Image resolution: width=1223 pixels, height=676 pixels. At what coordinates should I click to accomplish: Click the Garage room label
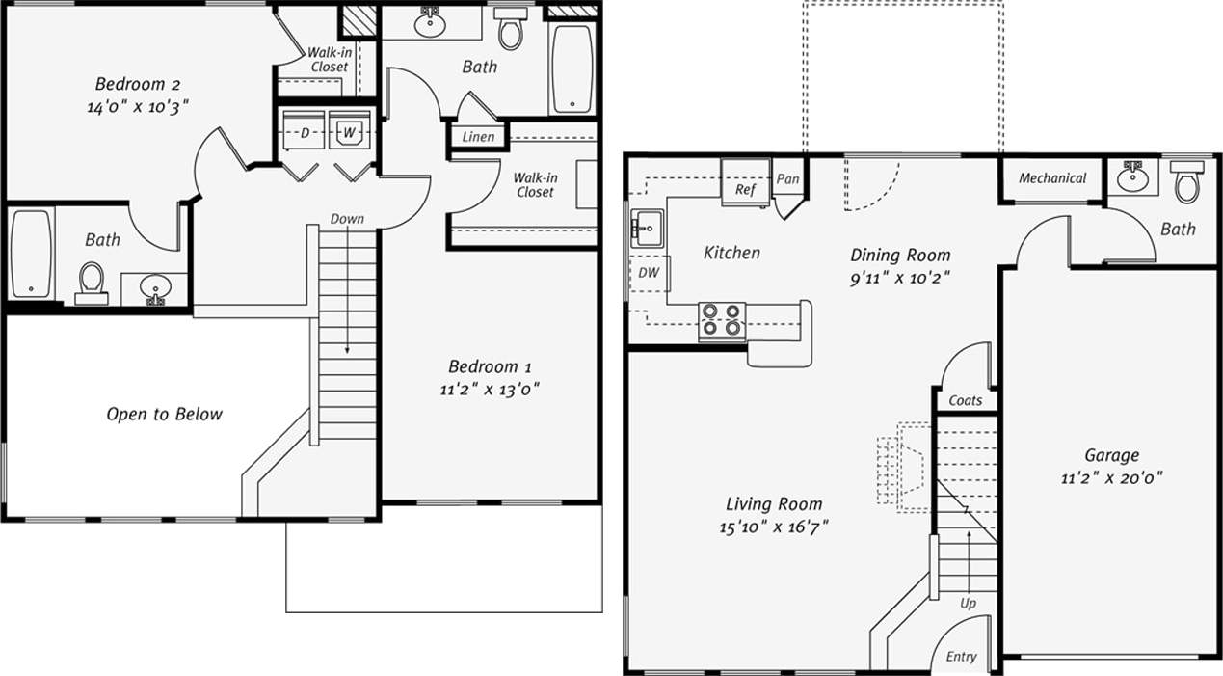[1111, 455]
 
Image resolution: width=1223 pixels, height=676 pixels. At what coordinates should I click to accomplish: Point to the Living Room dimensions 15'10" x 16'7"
[774, 527]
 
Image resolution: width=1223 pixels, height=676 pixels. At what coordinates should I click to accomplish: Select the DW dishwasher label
[649, 273]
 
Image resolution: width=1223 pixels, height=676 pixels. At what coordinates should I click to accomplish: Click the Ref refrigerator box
[745, 189]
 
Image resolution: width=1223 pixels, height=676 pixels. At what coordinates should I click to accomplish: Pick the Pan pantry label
[787, 179]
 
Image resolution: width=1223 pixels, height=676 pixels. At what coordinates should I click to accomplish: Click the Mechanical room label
[1052, 178]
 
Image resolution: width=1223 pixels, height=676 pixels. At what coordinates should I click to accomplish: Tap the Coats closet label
[965, 400]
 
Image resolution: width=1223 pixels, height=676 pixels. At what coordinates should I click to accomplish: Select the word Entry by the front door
[961, 657]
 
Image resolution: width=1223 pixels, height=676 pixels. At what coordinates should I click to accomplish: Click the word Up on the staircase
[967, 603]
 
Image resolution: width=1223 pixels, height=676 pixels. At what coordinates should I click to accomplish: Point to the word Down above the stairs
[347, 219]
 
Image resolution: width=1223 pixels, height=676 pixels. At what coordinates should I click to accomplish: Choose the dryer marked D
[304, 132]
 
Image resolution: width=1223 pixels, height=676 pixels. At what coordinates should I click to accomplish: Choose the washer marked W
[349, 132]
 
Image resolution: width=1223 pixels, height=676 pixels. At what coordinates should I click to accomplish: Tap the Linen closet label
[478, 137]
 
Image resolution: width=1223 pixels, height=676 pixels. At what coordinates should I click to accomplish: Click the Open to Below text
[164, 414]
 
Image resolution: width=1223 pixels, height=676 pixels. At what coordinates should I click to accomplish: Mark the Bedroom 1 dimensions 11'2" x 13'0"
[490, 390]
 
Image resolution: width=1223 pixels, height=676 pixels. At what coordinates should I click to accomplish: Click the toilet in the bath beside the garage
[1187, 181]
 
